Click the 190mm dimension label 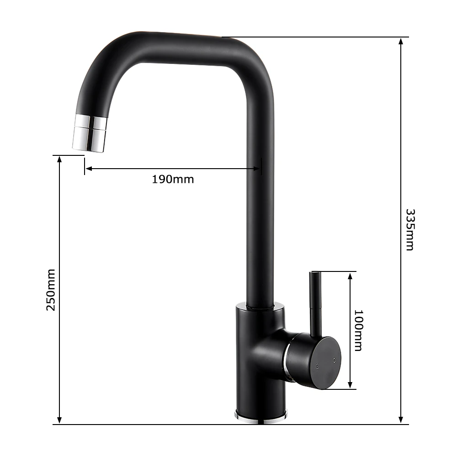pyautogui.click(x=173, y=179)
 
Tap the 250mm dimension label pyautogui.click(x=51, y=290)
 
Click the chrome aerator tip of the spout pyautogui.click(x=89, y=132)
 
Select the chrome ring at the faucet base pyautogui.click(x=260, y=416)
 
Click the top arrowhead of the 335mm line pyautogui.click(x=401, y=42)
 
